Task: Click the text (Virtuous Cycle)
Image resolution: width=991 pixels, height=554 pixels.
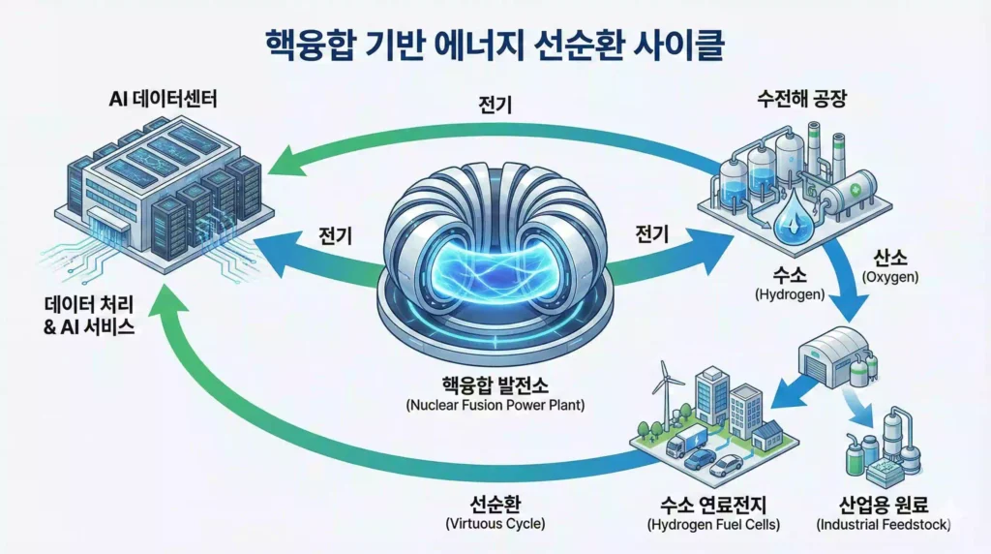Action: [x=495, y=524]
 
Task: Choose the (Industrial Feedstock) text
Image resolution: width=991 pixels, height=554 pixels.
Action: [x=883, y=524]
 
